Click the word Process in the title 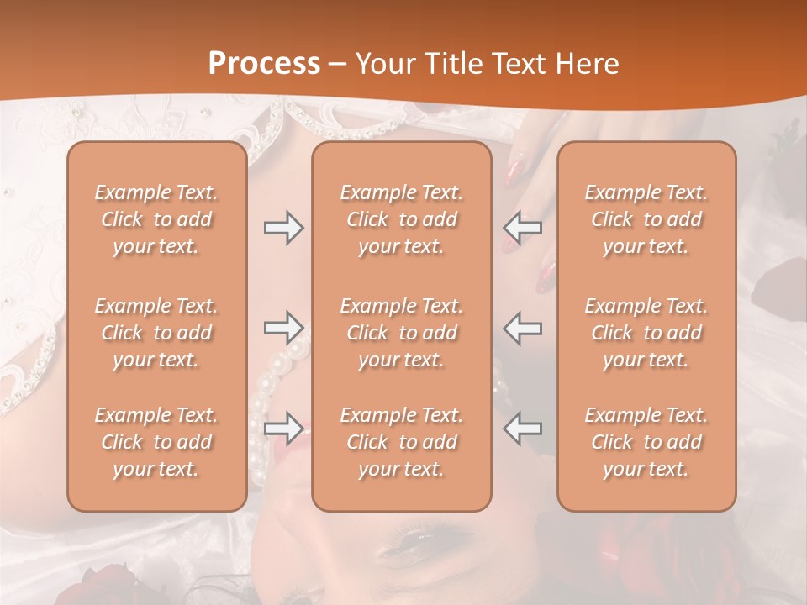pos(264,64)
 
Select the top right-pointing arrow pos(283,228)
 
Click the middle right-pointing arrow pos(283,327)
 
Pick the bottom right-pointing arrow pos(283,428)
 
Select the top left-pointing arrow pos(523,228)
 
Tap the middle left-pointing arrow pos(523,327)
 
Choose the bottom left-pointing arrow pos(523,428)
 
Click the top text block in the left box pos(156,219)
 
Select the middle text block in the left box pos(156,333)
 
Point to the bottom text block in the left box pos(156,442)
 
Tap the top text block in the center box pos(401,219)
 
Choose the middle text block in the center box pos(401,333)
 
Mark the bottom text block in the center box pos(401,442)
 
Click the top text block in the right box pos(646,219)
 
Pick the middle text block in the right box pos(646,333)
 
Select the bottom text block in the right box pos(646,442)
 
